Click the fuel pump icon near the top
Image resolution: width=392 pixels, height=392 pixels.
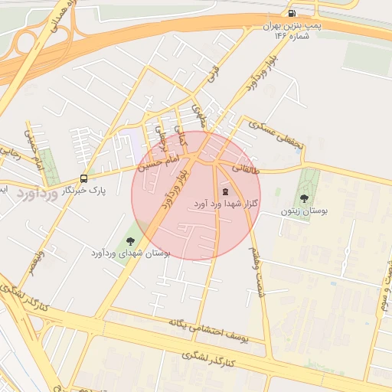point(292,13)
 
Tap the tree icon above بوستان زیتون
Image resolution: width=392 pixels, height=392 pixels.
point(305,199)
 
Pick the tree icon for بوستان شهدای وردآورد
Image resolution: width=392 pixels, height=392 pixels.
point(139,241)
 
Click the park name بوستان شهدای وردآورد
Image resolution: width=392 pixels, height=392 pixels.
point(130,253)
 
